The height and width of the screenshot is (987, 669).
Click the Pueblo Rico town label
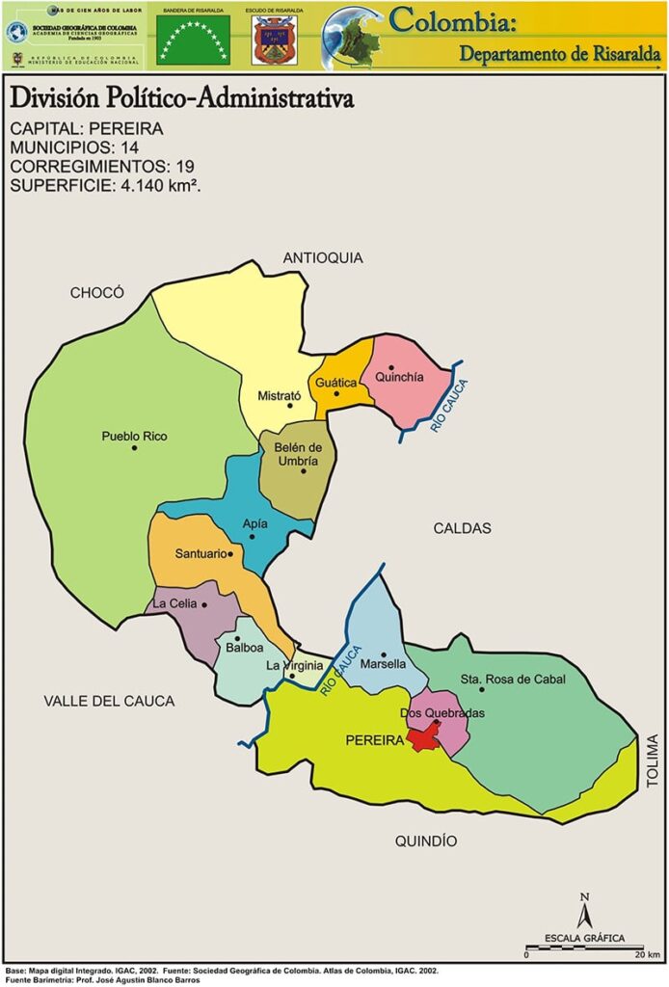[134, 437]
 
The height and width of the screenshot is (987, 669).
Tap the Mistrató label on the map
[280, 396]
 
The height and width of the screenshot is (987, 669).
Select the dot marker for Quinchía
[391, 368]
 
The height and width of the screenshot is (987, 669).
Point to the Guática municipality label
[336, 383]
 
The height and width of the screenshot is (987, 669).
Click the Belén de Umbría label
[298, 454]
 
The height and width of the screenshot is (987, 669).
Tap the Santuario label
[201, 554]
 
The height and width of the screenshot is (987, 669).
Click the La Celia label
[174, 604]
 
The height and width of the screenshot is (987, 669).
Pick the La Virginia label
[294, 665]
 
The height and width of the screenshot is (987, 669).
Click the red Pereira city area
[422, 739]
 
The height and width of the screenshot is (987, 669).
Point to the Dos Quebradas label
[442, 713]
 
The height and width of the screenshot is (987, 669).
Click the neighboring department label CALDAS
[462, 528]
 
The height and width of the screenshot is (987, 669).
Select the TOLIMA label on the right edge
[653, 761]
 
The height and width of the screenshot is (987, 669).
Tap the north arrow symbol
[583, 911]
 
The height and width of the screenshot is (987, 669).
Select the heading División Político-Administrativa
[181, 99]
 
